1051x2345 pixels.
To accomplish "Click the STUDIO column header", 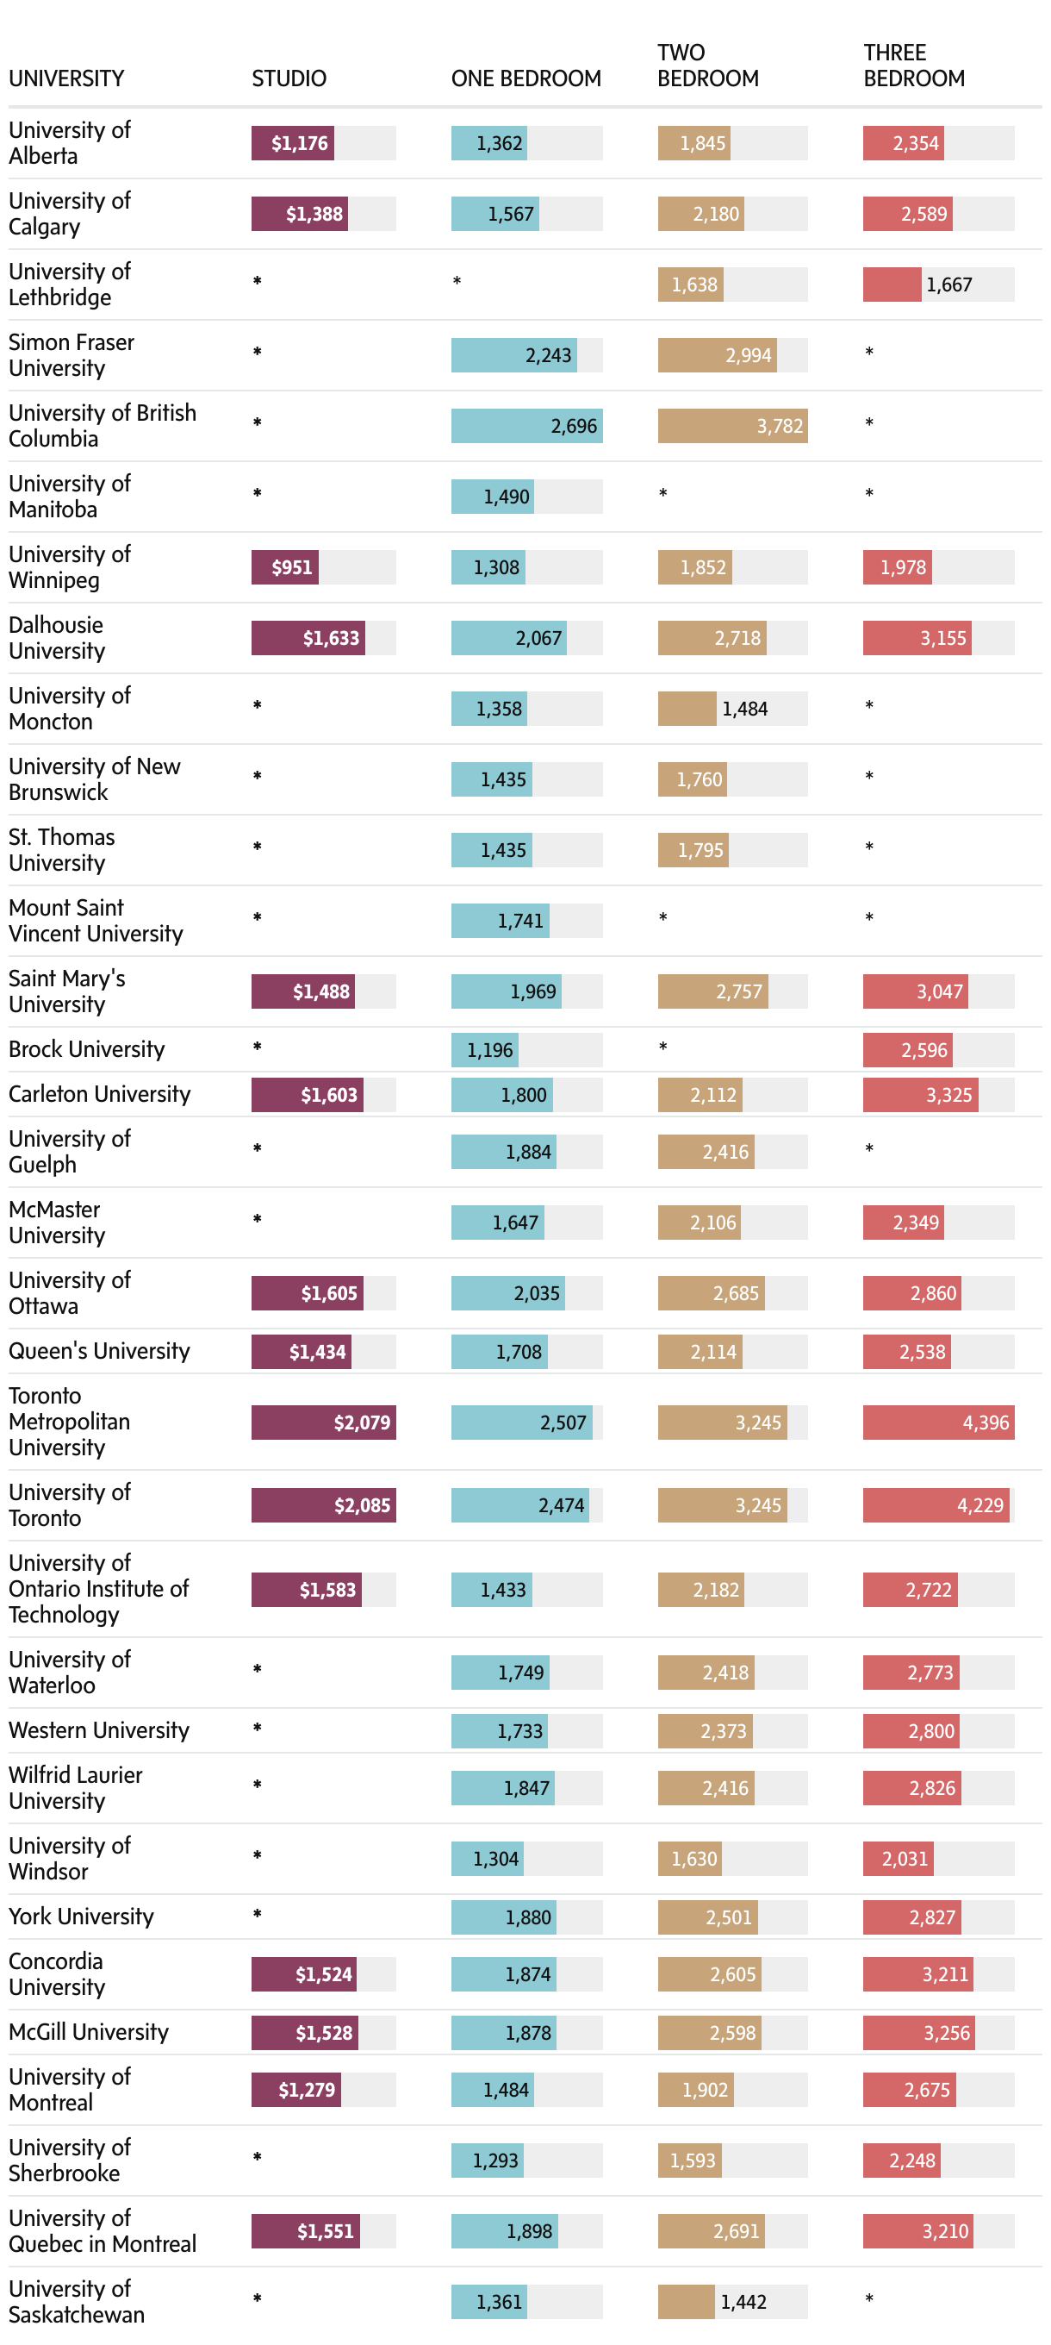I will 289,78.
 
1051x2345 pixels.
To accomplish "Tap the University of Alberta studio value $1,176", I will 300,143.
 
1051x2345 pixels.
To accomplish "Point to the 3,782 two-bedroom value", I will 779,426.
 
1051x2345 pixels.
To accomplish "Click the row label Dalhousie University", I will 56,637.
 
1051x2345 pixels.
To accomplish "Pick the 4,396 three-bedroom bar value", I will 985,1422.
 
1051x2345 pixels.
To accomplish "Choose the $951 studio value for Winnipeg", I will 291,567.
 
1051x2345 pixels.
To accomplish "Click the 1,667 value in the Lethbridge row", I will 948,285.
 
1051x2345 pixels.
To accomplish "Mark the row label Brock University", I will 86,1048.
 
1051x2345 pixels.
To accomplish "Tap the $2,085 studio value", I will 361,1504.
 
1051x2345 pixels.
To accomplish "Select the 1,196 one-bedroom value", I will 489,1049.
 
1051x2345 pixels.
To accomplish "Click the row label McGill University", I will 88,2032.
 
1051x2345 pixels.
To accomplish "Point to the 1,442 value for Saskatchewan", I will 743,2301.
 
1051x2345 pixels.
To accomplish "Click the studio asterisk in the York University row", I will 258,1914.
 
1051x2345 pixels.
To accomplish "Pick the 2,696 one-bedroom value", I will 573,426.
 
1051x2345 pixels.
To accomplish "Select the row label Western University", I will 98,1729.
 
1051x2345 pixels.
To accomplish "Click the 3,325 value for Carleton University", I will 948,1094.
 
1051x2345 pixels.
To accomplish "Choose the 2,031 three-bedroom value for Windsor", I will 904,1858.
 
